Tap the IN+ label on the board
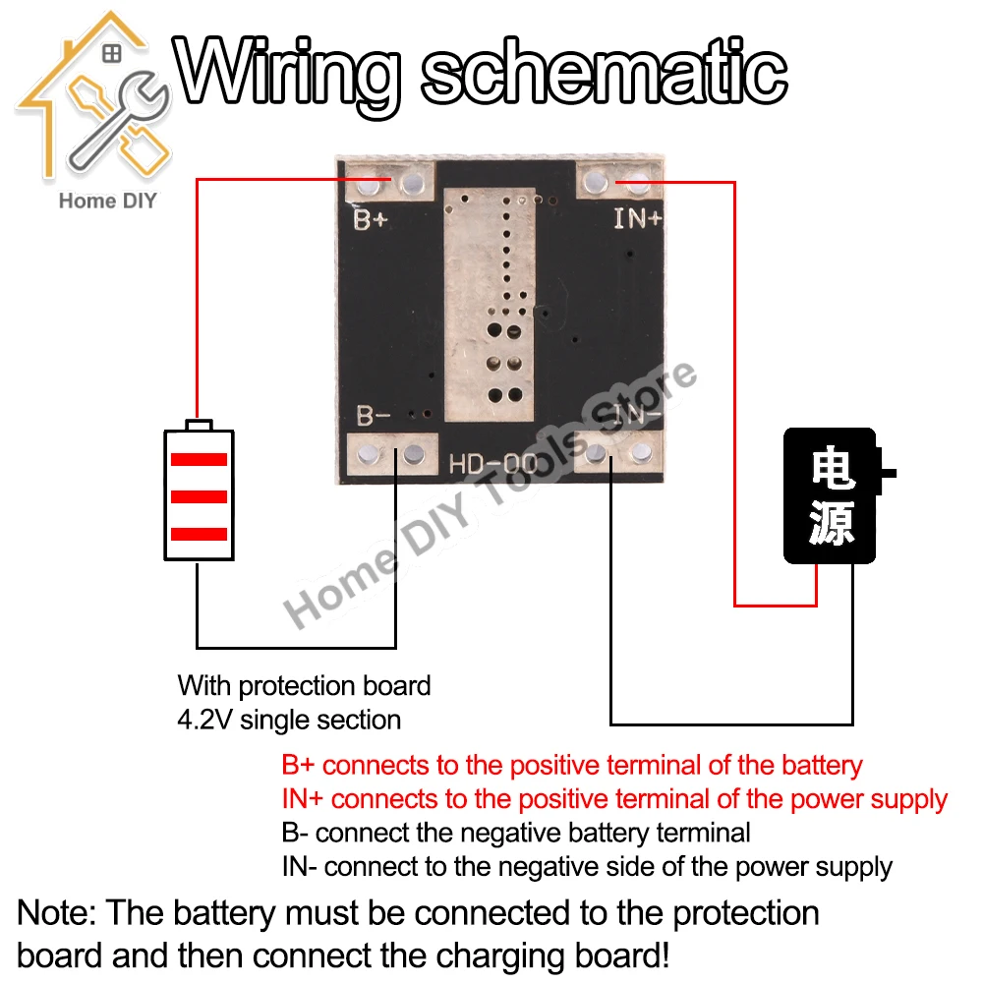click(x=637, y=218)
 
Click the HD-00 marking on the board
click(x=493, y=463)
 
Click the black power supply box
click(x=829, y=495)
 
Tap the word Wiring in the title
click(x=292, y=70)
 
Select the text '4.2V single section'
click(x=289, y=720)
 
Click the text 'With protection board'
click(x=304, y=685)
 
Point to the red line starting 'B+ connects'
click(x=571, y=765)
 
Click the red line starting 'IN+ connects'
click(x=614, y=799)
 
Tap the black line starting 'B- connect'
click(x=515, y=833)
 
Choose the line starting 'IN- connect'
click(x=587, y=867)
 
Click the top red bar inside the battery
click(x=200, y=459)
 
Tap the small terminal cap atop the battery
click(x=200, y=425)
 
